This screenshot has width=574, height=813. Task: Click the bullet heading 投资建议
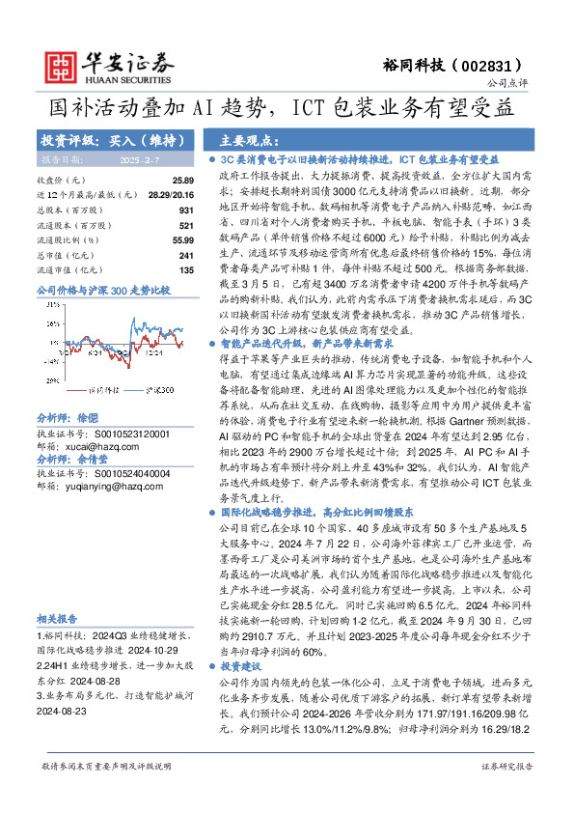click(x=240, y=639)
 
